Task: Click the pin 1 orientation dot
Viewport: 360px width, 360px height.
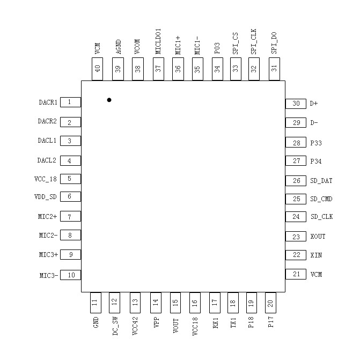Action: coord(109,100)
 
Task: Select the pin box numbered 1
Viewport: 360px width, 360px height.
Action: coord(70,102)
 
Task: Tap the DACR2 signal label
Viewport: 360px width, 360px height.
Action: coord(47,121)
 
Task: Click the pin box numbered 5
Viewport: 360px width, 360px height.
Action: coord(70,179)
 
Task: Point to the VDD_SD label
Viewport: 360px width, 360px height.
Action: coord(46,197)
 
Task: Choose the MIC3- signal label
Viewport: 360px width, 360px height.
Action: coord(49,275)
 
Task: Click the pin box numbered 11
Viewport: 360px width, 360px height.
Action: coord(95,303)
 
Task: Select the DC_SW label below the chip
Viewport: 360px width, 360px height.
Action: coord(115,327)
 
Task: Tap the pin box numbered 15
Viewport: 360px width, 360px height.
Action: coord(175,303)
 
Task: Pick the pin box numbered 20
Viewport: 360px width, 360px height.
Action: coord(270,303)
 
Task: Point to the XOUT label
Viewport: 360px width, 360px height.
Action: coord(318,237)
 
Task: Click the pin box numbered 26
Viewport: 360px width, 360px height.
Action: coord(296,181)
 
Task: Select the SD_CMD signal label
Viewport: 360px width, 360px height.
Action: coord(321,199)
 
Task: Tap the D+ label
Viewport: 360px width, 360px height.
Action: coord(314,104)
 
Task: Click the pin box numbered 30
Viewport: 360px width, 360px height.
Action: coord(296,104)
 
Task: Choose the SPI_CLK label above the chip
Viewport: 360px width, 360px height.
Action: coord(254,43)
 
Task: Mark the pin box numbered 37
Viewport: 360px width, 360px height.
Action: coord(158,69)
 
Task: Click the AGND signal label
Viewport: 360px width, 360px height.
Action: coord(117,48)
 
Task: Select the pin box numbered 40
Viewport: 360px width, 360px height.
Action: coord(97,69)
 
